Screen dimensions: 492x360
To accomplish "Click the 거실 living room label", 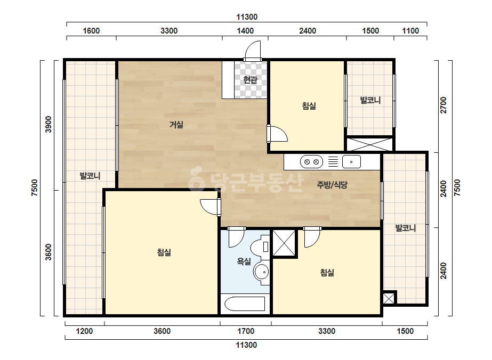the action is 176,125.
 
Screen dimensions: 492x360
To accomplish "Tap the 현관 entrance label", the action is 251,80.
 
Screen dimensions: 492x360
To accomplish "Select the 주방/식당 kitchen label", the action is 332,185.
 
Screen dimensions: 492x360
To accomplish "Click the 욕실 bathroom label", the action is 244,261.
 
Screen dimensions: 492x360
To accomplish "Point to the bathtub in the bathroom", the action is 245,304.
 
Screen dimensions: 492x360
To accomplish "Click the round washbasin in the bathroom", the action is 261,272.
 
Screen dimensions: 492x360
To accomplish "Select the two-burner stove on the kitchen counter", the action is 312,162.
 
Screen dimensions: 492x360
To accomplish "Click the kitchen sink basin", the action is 351,162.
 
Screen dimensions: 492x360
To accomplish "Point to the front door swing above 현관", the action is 253,50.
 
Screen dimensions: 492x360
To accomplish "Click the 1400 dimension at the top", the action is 245,31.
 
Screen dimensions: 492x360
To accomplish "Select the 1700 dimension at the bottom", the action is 246,331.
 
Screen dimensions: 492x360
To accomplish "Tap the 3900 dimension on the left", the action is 49,125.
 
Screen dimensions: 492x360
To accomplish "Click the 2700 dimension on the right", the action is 443,105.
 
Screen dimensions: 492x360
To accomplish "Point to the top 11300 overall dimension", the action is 247,17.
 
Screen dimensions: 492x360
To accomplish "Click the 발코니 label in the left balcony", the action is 90,176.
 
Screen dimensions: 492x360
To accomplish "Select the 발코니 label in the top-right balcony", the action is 370,100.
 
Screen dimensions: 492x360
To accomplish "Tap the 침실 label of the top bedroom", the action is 309,106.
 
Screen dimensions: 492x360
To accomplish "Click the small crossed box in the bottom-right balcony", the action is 389,298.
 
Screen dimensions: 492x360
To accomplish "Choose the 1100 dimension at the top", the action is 410,31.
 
